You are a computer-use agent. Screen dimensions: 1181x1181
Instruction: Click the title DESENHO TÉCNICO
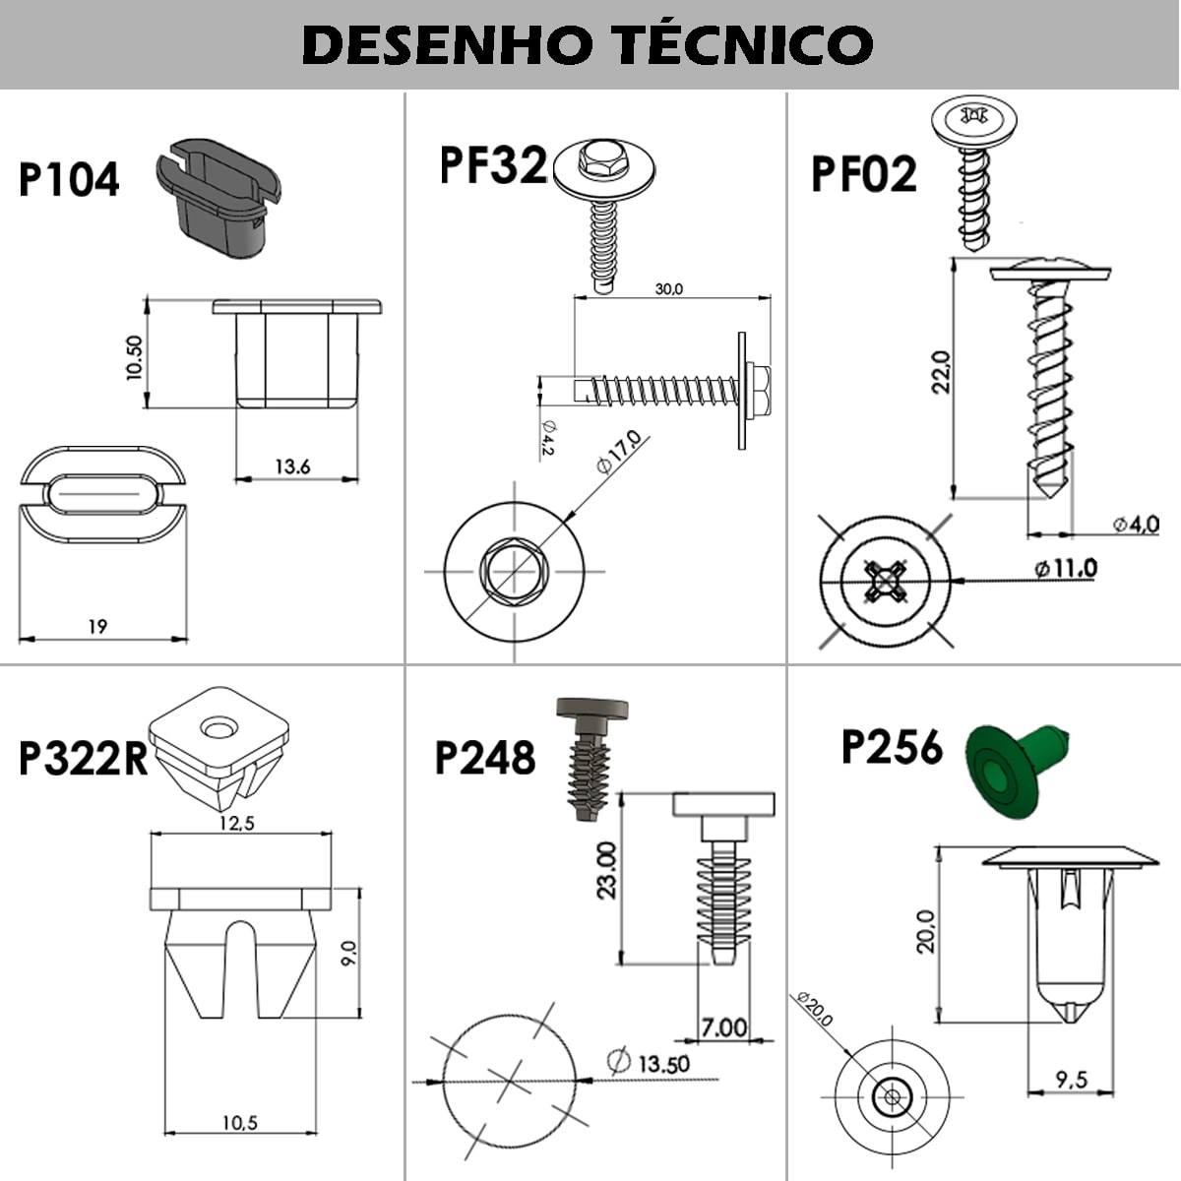[x=588, y=43]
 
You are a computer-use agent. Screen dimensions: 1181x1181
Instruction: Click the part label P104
[x=69, y=179]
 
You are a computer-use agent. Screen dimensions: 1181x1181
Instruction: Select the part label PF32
[x=493, y=165]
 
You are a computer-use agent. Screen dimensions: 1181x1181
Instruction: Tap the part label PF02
[x=864, y=174]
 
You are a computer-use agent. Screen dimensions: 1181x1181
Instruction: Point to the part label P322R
[x=84, y=758]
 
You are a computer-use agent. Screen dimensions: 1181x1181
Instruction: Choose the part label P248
[x=485, y=758]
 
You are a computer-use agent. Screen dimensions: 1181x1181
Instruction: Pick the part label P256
[x=893, y=746]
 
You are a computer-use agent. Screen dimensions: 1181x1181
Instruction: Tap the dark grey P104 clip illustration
[x=218, y=198]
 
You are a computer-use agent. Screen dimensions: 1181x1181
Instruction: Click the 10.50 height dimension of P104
[x=135, y=357]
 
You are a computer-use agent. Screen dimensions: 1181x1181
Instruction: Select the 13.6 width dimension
[x=292, y=467]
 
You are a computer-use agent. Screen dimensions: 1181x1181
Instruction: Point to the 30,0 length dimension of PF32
[x=668, y=288]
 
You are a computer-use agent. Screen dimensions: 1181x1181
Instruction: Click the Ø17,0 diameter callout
[x=618, y=453]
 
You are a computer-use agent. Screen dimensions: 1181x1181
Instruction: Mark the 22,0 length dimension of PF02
[x=942, y=371]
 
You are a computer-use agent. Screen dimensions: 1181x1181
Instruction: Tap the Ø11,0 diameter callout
[x=1066, y=569]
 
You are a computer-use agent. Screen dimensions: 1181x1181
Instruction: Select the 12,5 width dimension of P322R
[x=236, y=823]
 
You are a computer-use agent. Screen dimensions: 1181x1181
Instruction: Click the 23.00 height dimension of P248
[x=607, y=870]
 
